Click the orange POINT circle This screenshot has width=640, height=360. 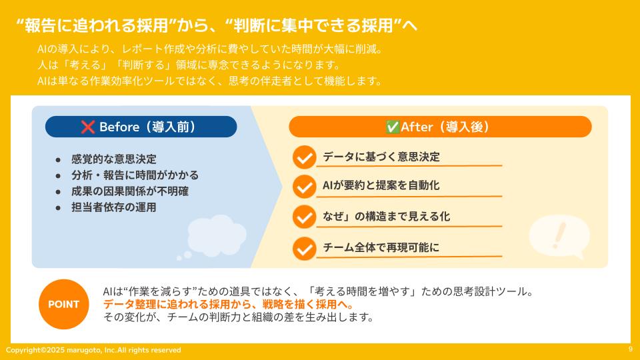pos(63,305)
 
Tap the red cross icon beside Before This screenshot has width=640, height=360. pos(88,127)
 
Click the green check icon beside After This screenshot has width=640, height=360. pos(392,127)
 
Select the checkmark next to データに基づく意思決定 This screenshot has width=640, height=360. pos(304,158)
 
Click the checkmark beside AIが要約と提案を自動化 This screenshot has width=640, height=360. pos(304,187)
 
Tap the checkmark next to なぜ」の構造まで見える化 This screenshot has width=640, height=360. pos(304,217)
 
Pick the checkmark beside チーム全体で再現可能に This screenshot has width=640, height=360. pos(304,248)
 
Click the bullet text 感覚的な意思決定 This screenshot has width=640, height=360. pos(113,159)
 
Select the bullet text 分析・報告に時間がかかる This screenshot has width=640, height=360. pos(135,175)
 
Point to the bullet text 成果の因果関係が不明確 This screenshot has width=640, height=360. pos(130,191)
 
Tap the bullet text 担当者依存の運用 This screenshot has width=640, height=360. pos(113,207)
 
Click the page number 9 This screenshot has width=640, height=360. pos(630,349)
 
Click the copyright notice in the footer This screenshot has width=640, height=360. pos(93,350)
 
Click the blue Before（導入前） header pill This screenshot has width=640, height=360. pos(141,127)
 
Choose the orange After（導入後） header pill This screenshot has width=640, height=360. pos(440,127)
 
